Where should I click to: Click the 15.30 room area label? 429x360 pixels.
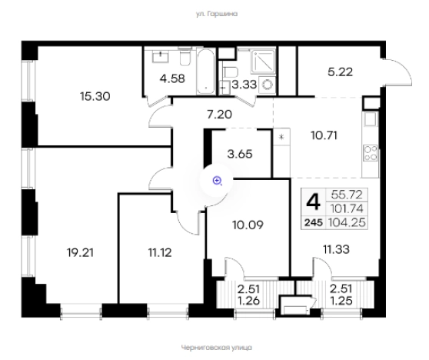[95, 96]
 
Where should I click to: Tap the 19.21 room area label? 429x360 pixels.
[80, 252]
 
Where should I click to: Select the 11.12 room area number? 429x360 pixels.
[160, 252]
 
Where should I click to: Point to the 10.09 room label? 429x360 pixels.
[248, 225]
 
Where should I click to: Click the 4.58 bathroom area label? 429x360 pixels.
[173, 78]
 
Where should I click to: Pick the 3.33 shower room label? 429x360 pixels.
[244, 85]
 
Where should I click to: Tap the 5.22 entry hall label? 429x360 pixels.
[341, 72]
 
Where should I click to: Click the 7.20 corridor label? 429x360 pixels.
[219, 115]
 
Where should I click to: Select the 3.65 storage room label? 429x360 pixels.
[240, 154]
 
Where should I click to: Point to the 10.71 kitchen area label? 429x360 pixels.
[324, 135]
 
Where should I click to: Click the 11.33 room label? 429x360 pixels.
[336, 250]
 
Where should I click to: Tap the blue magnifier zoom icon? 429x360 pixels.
[218, 181]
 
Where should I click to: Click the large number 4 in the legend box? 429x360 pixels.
[313, 202]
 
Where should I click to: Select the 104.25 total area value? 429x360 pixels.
[347, 222]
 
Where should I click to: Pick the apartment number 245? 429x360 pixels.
[314, 223]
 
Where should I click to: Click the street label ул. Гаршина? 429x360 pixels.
[217, 14]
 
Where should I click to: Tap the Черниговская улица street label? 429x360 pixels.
[216, 348]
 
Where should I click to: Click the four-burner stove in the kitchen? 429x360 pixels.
[371, 153]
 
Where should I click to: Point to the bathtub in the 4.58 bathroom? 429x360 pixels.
[206, 72]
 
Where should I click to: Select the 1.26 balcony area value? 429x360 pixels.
[248, 301]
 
